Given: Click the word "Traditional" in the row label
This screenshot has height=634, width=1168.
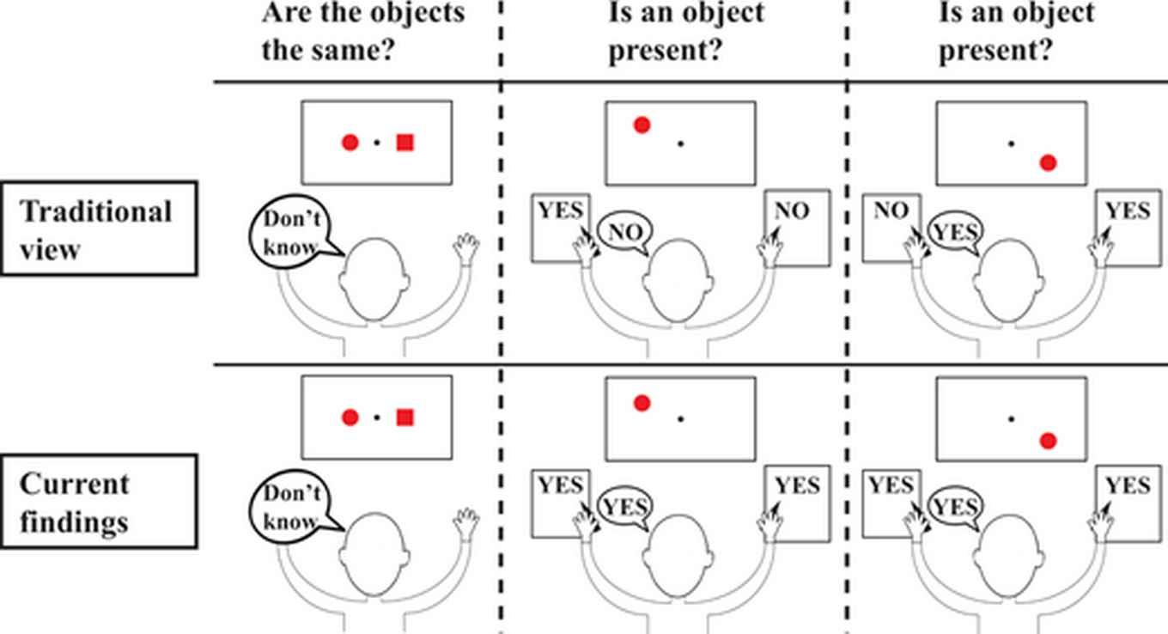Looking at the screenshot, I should tap(95, 211).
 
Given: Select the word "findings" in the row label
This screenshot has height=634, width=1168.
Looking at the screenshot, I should tap(73, 521).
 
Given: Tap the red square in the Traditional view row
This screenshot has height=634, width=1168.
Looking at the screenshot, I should tap(405, 143).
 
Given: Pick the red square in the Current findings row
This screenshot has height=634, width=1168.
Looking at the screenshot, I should tap(405, 418).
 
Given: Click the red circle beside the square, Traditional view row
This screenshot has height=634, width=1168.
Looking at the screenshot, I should tap(350, 143).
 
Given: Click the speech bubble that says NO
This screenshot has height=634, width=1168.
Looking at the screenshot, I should tap(624, 232).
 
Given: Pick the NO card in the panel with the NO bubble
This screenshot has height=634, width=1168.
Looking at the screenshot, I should tap(798, 228).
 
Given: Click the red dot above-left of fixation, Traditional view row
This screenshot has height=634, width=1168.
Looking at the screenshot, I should tap(642, 125).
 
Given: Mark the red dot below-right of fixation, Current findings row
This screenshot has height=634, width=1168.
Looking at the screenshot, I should tap(1048, 441).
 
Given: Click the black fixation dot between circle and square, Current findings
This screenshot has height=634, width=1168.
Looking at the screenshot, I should tap(377, 418).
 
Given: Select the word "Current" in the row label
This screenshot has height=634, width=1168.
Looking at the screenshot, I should tap(74, 484).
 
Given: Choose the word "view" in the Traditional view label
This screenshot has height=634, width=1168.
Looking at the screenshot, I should tap(51, 249).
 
